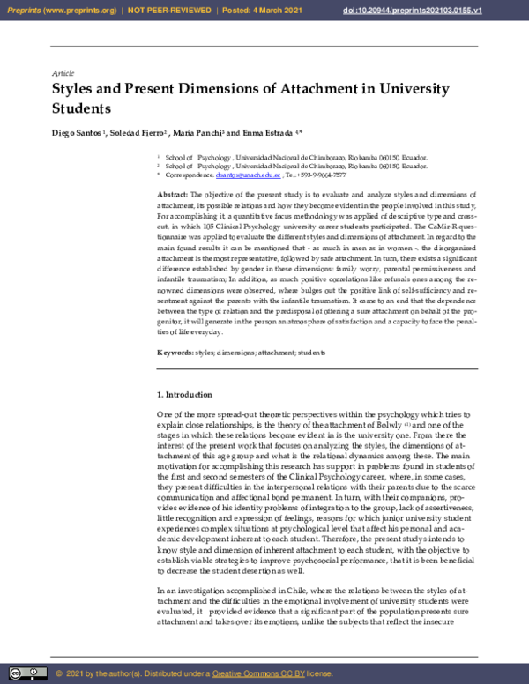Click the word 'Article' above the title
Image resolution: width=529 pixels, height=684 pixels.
pyautogui.click(x=63, y=73)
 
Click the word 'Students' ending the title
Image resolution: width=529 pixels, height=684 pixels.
pyautogui.click(x=82, y=109)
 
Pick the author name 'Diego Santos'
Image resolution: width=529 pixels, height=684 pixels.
pyautogui.click(x=77, y=132)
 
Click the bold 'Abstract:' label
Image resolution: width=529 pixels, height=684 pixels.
pyautogui.click(x=172, y=193)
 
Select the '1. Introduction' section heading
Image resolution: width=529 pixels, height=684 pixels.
pyautogui.click(x=185, y=394)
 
